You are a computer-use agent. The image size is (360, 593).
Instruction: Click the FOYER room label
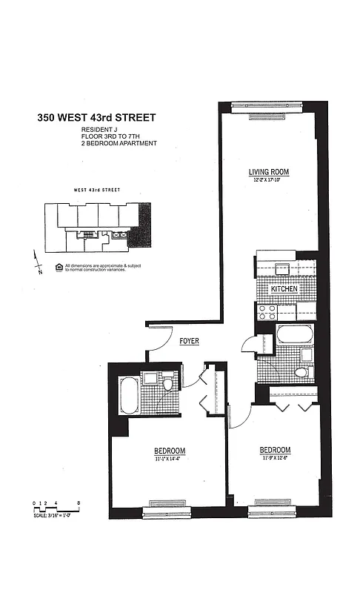(189, 341)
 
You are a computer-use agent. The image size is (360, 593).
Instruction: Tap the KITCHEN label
(284, 289)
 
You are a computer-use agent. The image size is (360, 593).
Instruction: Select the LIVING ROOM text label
(268, 172)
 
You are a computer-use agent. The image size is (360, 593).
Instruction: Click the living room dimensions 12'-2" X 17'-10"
(268, 180)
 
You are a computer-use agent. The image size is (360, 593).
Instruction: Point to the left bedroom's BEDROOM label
(170, 451)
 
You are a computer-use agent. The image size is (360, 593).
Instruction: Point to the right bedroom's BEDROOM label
(275, 450)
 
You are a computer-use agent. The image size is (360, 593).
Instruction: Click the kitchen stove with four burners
(267, 312)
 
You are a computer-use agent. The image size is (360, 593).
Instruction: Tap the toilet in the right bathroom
(302, 372)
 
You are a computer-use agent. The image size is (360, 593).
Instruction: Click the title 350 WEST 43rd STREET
(96, 117)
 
